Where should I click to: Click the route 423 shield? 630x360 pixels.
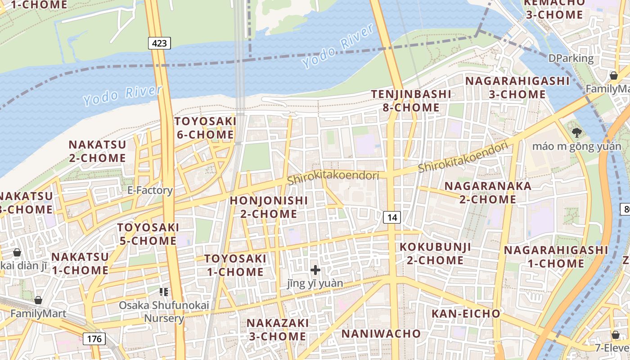[x=159, y=43]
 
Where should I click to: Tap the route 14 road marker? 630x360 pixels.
[x=392, y=218]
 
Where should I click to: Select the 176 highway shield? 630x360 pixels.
[x=94, y=338]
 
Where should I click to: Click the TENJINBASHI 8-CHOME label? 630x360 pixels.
[x=411, y=101]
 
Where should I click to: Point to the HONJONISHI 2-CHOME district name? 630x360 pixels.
[x=269, y=207]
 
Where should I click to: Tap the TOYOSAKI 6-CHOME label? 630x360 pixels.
[x=205, y=128]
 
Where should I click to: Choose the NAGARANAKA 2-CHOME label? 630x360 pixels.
[x=488, y=193]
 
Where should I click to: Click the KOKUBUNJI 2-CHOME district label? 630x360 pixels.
[x=435, y=253]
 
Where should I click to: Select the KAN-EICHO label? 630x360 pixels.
[x=466, y=314]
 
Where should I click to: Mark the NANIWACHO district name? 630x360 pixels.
[x=381, y=333]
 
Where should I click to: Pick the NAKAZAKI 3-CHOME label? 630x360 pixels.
[x=278, y=329]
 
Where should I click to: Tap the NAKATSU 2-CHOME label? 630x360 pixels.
[x=97, y=151]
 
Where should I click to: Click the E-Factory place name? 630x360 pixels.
[x=150, y=190]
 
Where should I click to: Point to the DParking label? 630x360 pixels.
[x=571, y=58]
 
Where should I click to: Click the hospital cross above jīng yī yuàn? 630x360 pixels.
[x=315, y=270]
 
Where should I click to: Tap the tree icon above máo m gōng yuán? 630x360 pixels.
[x=576, y=132]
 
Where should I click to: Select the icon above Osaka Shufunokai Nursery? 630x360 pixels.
[x=164, y=292]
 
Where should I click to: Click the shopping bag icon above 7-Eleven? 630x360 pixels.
[x=615, y=335]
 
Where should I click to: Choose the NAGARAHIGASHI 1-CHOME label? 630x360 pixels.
[x=556, y=256]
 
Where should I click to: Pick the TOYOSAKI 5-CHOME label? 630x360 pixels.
[x=148, y=234]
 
